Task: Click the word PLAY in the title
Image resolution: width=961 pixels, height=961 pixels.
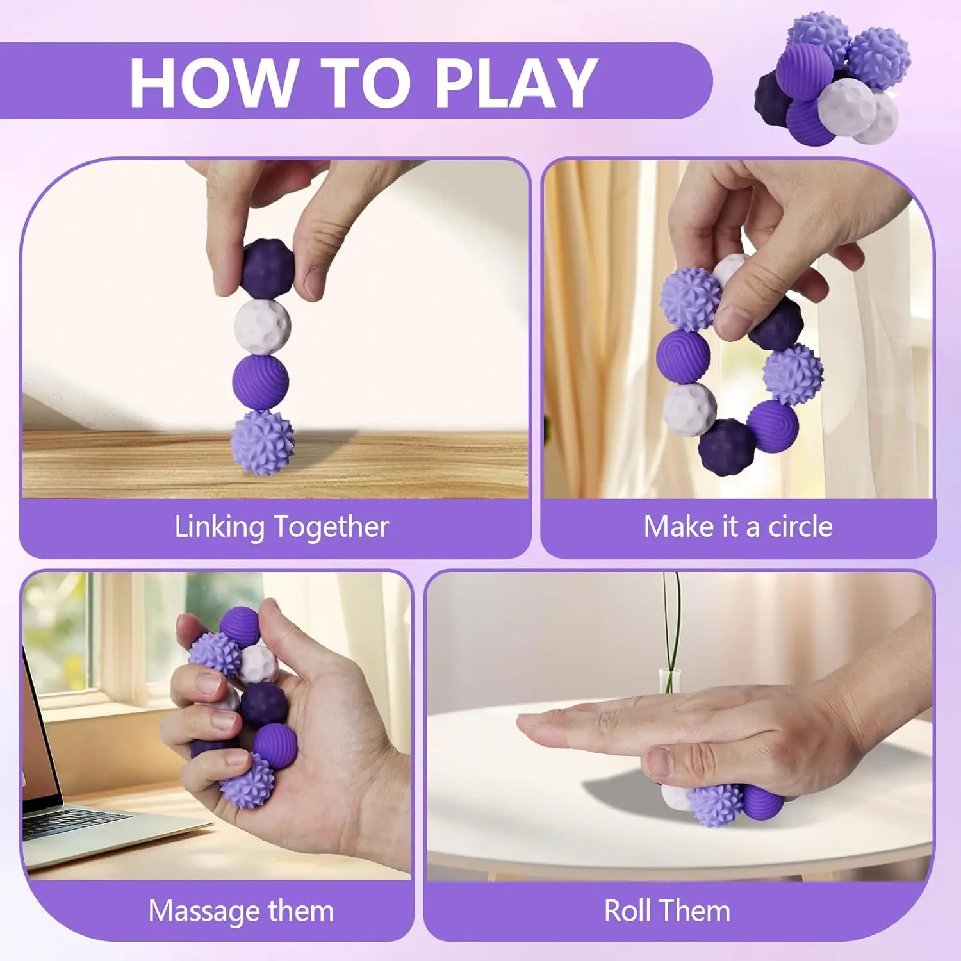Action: [516, 82]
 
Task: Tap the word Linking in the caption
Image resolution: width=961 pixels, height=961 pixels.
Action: [219, 527]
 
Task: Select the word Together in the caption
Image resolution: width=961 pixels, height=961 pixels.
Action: [331, 527]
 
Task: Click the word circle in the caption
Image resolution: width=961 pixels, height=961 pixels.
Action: [800, 527]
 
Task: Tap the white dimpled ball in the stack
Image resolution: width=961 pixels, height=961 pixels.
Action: [262, 327]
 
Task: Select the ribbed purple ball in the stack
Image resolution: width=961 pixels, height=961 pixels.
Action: [260, 382]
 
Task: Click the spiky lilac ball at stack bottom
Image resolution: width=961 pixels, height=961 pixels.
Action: [262, 443]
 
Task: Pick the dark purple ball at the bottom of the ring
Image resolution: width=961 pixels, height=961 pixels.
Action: [726, 447]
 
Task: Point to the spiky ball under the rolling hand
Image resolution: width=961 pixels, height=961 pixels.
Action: [716, 805]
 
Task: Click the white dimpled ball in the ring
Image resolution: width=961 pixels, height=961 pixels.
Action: [689, 409]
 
